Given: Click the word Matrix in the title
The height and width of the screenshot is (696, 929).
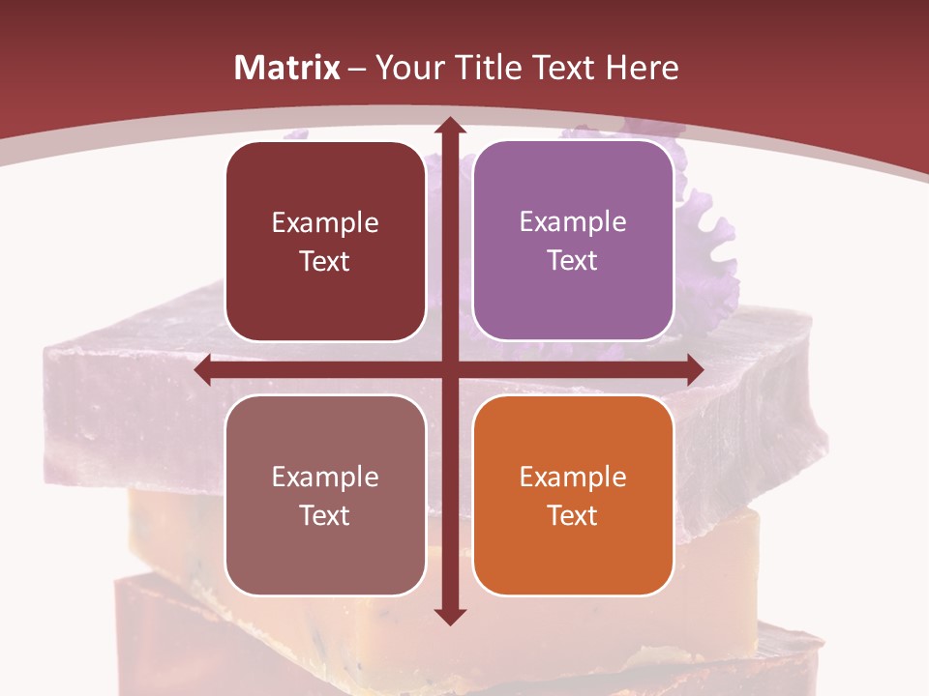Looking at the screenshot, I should click(x=287, y=68).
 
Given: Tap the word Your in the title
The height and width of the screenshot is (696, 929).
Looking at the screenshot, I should click(x=408, y=68).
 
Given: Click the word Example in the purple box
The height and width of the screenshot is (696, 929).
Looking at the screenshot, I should click(x=573, y=221).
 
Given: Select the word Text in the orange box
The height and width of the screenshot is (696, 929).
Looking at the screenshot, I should click(x=573, y=515).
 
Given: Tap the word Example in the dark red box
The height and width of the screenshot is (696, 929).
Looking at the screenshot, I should click(x=325, y=223).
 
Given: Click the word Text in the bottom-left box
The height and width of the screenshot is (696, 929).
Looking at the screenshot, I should click(x=325, y=515).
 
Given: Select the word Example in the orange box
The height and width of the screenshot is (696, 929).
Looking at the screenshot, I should click(x=573, y=477).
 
